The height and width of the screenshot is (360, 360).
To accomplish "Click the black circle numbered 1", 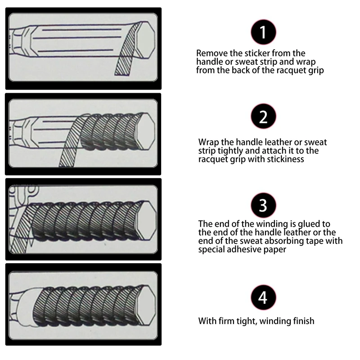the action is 263,32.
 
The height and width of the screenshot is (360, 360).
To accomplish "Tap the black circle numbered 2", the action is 263,117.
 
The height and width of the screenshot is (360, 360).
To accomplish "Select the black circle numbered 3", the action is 263,205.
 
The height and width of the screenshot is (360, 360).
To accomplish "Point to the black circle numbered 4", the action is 263,297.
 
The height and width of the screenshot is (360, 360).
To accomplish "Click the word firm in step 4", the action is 227,321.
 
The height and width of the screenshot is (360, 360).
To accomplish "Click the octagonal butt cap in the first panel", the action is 144,40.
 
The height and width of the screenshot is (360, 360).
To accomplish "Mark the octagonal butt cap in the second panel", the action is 145,131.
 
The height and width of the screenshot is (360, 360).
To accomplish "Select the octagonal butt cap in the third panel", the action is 147,220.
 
